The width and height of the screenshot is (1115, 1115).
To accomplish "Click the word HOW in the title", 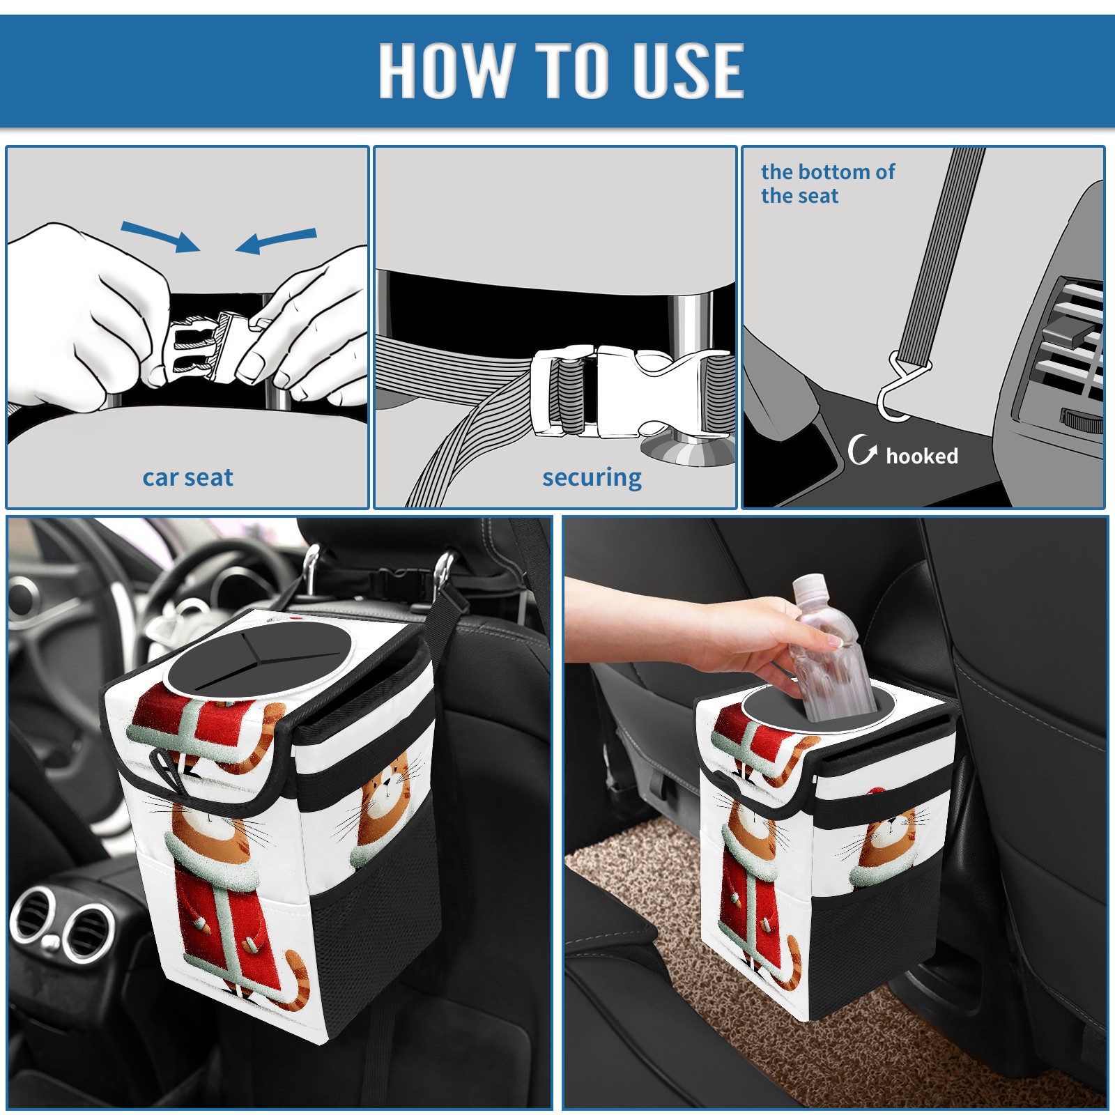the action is click(443, 70).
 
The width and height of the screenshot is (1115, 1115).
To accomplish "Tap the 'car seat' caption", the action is click(187, 477).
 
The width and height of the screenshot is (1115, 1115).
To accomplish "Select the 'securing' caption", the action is click(592, 477).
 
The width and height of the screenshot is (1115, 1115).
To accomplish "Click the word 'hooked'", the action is click(922, 456).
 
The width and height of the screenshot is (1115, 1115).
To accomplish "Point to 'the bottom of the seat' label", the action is click(828, 183).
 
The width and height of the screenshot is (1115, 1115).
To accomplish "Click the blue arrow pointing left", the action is click(276, 241).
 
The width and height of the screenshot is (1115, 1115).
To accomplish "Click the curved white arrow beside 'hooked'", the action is click(861, 449).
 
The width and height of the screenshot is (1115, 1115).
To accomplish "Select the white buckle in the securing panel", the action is click(631, 392).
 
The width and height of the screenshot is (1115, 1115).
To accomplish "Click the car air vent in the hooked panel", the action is click(1066, 348).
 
